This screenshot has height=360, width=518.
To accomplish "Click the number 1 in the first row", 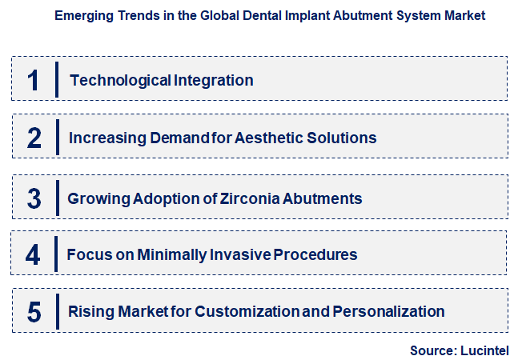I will [33, 80].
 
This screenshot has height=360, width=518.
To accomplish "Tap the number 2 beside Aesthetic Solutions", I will [34, 138].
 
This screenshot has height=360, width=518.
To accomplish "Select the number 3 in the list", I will [34, 198].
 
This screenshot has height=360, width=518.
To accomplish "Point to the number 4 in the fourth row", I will [33, 255].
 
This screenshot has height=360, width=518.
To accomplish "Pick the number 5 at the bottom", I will [34, 312].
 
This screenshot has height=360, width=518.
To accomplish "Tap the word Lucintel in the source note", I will [484, 350].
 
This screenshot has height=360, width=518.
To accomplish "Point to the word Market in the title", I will [464, 16].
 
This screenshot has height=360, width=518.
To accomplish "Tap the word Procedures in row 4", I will [315, 255].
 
